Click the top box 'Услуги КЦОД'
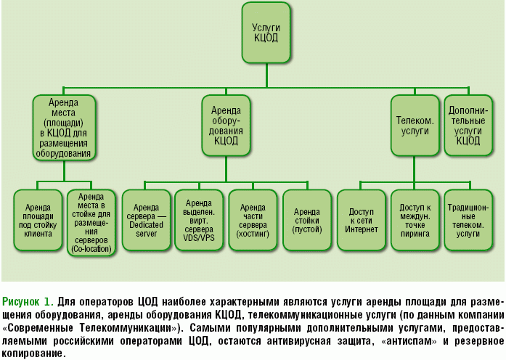[265, 33]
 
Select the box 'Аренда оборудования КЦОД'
[227, 126]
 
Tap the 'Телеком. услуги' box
[415, 126]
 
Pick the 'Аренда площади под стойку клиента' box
[38, 221]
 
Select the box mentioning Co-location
[92, 221]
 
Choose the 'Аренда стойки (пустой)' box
[307, 221]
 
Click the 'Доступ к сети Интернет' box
[362, 221]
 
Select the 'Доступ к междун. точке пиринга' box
[415, 221]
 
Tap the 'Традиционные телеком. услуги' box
[469, 221]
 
